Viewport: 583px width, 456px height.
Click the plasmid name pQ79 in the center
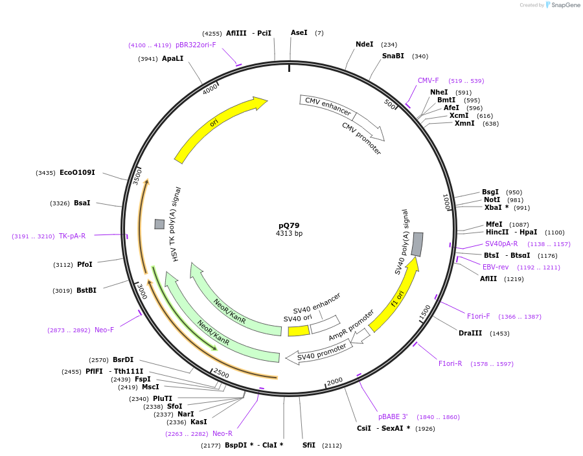289,225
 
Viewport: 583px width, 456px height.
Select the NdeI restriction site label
364,44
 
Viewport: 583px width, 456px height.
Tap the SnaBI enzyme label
393,56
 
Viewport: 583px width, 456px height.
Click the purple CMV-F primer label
428,80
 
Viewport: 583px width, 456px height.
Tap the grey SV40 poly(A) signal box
418,244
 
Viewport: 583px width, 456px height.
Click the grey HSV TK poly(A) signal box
159,224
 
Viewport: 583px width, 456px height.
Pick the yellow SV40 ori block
298,331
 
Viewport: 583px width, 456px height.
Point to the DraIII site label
470,333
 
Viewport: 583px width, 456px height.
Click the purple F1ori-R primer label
450,363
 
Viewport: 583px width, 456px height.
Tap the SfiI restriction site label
309,445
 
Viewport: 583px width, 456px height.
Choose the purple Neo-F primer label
104,330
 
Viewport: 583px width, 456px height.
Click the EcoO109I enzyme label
77,172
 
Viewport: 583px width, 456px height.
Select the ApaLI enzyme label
172,58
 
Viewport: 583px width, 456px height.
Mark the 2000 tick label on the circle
335,382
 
